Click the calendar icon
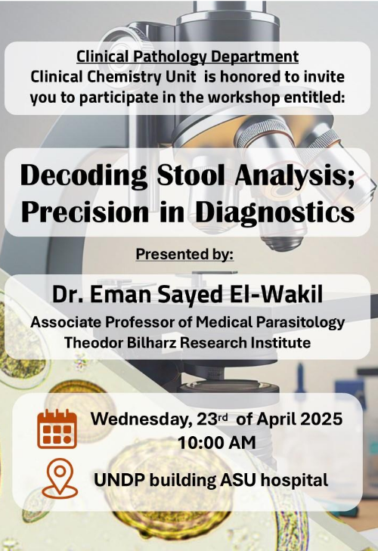coord(57,429)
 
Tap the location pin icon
coord(60,478)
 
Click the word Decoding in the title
coord(84,176)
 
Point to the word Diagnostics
coord(274,212)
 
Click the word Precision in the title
coord(85,211)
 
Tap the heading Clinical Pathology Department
coord(187,57)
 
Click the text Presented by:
coord(184,254)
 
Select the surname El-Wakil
coord(276,294)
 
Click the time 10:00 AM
coord(217,442)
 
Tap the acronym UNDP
coord(119,480)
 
